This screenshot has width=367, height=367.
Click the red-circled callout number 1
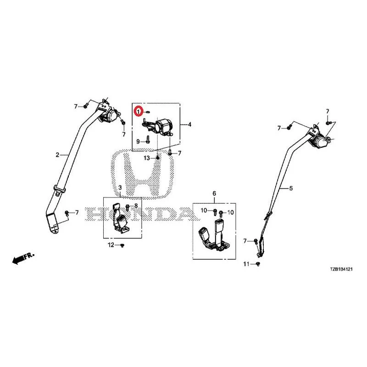[139, 111]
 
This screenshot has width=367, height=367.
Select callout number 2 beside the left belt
[57, 155]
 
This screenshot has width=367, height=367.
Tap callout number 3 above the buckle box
[120, 188]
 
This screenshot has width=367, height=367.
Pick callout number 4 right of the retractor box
[189, 124]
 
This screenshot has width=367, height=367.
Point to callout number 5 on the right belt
[291, 188]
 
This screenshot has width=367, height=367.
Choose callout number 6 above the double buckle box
[214, 194]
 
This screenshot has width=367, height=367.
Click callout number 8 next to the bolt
[136, 206]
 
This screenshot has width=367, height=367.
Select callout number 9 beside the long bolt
[138, 142]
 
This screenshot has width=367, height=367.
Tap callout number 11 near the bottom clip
[246, 264]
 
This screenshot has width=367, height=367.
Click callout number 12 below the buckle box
[111, 245]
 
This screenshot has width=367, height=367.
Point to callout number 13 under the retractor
[147, 158]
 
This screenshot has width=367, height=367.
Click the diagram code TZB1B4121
[341, 269]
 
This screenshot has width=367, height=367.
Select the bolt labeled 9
[148, 140]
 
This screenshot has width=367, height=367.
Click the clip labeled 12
[122, 245]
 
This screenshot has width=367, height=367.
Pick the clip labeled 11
[258, 264]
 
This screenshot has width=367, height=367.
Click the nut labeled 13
[157, 158]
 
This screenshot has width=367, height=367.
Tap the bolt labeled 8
[128, 207]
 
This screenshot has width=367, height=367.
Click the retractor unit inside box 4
[158, 128]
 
